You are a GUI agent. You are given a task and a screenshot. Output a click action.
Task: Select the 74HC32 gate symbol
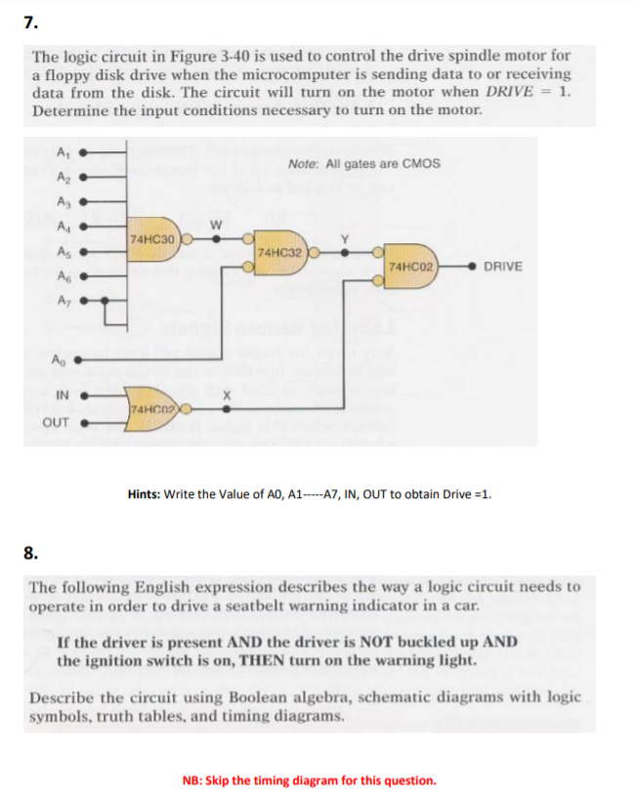(x=277, y=252)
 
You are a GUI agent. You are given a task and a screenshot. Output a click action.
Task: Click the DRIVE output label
(x=503, y=267)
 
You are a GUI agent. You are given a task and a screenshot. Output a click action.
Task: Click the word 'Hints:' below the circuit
(x=145, y=493)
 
